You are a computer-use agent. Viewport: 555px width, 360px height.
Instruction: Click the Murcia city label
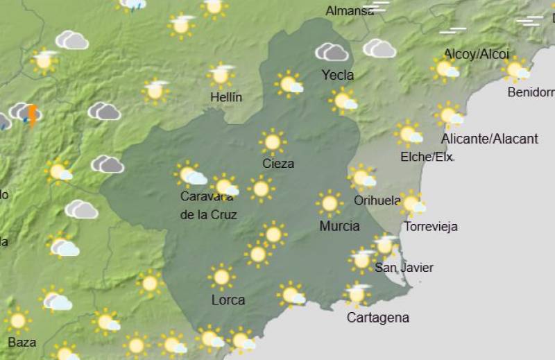339,226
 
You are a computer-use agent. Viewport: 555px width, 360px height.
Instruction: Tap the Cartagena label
377,318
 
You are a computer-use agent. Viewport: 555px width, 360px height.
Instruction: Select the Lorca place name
228,300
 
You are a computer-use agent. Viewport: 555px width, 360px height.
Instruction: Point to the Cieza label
278,164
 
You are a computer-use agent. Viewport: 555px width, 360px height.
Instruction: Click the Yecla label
338,75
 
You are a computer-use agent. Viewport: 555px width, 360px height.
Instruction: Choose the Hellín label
226,97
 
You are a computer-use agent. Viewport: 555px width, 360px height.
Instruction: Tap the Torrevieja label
431,227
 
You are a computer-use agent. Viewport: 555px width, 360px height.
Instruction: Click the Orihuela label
377,200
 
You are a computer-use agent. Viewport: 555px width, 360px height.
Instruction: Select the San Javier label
404,268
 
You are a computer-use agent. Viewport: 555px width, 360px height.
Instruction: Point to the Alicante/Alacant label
489,139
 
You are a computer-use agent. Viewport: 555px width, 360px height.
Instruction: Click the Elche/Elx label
427,157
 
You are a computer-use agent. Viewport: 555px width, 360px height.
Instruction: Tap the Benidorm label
531,92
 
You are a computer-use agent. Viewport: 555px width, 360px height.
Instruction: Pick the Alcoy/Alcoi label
477,54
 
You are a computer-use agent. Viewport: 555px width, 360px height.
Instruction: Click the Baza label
22,342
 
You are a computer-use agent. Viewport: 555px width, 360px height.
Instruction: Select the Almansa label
350,11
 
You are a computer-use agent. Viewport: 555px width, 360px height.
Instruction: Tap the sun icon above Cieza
273,142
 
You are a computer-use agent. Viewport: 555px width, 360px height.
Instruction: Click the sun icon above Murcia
330,203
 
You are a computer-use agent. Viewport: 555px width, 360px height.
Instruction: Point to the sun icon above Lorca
221,277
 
